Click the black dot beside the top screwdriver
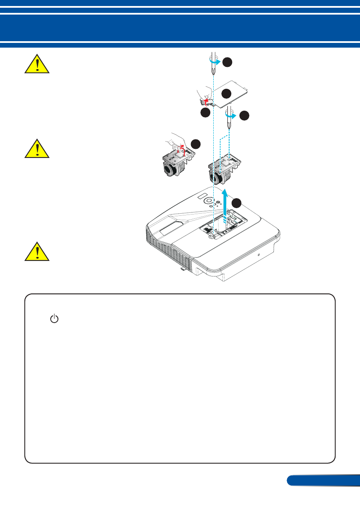tap(227, 63)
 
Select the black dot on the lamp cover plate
tap(227, 94)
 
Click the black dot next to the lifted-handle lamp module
tap(196, 144)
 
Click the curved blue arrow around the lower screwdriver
tap(231, 115)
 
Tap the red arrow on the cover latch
tap(206, 102)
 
